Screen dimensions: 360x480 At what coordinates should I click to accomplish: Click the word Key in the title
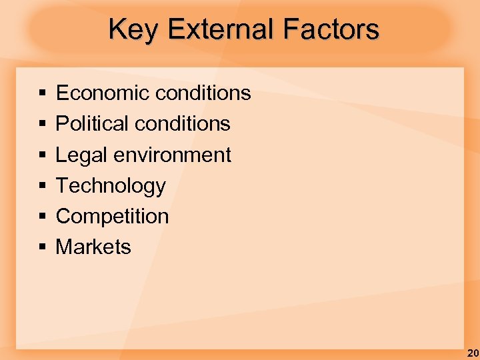(133, 29)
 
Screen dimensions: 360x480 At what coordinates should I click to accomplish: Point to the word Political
(83, 123)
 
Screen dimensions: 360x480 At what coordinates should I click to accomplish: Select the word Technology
(111, 185)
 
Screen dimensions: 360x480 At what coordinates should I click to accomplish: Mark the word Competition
(112, 216)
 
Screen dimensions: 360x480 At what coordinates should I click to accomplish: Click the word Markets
(93, 247)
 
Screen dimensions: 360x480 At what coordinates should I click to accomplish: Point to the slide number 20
(472, 353)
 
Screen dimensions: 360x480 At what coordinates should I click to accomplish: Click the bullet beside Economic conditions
(42, 93)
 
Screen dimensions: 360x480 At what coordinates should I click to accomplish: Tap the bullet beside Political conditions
(42, 124)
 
